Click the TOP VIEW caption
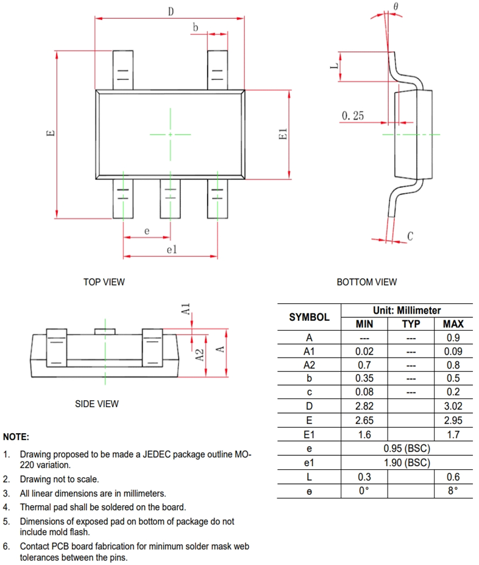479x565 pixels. tap(104, 282)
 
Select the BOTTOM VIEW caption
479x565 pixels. tap(366, 282)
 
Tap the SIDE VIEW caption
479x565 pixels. tap(96, 404)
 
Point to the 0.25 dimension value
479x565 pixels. tap(353, 115)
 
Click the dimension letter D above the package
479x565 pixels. tap(171, 11)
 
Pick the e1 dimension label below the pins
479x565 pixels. tap(171, 249)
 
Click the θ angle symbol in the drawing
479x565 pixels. tap(396, 6)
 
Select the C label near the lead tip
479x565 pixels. tap(410, 236)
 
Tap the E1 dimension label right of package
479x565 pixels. tap(282, 135)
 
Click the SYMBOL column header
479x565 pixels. tap(309, 317)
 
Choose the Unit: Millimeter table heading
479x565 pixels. tap(406, 311)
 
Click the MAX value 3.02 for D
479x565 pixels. tap(453, 406)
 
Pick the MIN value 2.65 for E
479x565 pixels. tap(364, 420)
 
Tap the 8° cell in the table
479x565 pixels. tap(453, 491)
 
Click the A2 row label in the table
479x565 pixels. tap(309, 365)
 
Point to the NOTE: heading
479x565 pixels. tap(16, 437)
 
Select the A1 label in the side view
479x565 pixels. tap(186, 309)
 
